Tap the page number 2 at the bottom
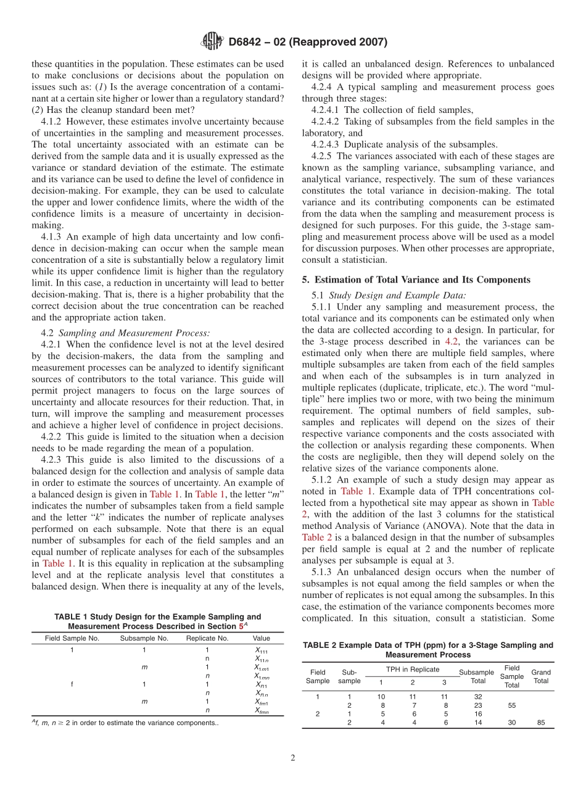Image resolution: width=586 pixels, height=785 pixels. [293, 758]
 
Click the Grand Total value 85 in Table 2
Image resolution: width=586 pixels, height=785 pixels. [541, 723]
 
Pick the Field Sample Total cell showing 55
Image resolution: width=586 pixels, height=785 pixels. [511, 705]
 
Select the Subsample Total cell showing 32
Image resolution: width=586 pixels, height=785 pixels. [477, 696]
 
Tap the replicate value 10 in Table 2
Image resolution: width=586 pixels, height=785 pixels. [381, 696]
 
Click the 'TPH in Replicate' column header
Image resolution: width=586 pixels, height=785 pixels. [413, 669]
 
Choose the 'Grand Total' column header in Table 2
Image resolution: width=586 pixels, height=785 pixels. [541, 676]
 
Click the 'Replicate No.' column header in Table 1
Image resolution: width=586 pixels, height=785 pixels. [207, 638]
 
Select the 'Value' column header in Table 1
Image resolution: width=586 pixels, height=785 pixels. [261, 638]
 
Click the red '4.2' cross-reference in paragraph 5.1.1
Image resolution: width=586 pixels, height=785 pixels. [452, 341]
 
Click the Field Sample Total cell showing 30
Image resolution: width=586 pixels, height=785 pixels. [511, 723]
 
